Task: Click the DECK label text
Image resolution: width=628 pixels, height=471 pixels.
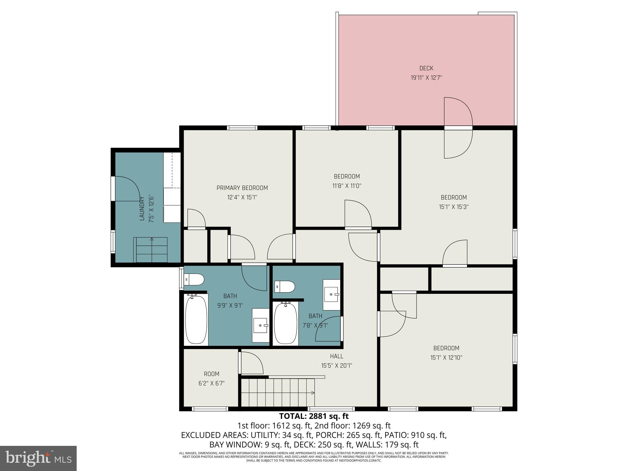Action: pyautogui.click(x=426, y=68)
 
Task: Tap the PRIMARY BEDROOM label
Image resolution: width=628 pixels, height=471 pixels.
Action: pyautogui.click(x=242, y=188)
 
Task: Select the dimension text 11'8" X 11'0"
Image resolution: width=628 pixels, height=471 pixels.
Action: pyautogui.click(x=347, y=186)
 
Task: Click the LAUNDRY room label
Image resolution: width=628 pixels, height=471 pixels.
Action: pyautogui.click(x=142, y=208)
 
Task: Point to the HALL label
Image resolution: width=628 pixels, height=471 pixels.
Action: pyautogui.click(x=336, y=356)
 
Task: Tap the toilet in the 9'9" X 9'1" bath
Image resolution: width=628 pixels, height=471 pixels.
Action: pyautogui.click(x=194, y=280)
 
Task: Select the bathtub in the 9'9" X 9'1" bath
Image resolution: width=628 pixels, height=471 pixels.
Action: pyautogui.click(x=196, y=320)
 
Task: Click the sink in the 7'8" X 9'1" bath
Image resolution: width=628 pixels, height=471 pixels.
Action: pyautogui.click(x=331, y=295)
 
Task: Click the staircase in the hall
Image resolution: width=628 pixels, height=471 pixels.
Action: pyautogui.click(x=278, y=392)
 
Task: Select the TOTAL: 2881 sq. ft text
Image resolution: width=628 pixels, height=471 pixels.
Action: pyautogui.click(x=314, y=416)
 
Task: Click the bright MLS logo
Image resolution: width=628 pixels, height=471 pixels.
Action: pyautogui.click(x=38, y=458)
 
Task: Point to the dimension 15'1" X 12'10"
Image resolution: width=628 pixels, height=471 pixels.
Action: pyautogui.click(x=446, y=358)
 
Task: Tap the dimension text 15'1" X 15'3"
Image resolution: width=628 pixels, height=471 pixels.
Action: pyautogui.click(x=454, y=207)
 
